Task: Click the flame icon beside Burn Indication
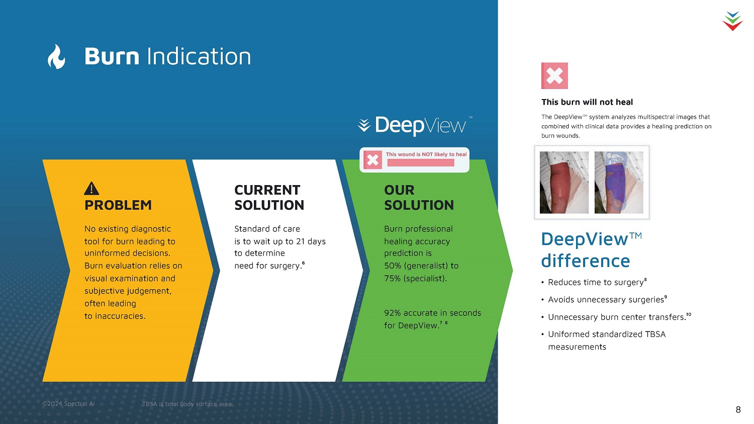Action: [x=56, y=56]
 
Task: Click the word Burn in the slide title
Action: [x=112, y=56]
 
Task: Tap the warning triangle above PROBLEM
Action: [x=91, y=189]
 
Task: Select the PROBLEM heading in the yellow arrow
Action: [x=118, y=205]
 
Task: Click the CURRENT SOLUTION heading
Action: [x=269, y=197]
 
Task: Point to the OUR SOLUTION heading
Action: [x=419, y=197]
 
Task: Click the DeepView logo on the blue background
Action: [x=415, y=125]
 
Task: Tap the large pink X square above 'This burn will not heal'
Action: [x=554, y=76]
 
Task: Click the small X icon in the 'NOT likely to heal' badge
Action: [x=372, y=159]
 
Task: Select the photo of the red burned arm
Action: [x=564, y=182]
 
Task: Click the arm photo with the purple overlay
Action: [x=619, y=182]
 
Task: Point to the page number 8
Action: [x=738, y=409]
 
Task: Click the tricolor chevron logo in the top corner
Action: [x=732, y=21]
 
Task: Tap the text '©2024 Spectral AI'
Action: [x=68, y=403]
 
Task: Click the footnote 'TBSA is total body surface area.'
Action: [x=187, y=404]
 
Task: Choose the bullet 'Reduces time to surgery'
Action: [x=596, y=282]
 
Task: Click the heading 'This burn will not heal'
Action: [x=587, y=102]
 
